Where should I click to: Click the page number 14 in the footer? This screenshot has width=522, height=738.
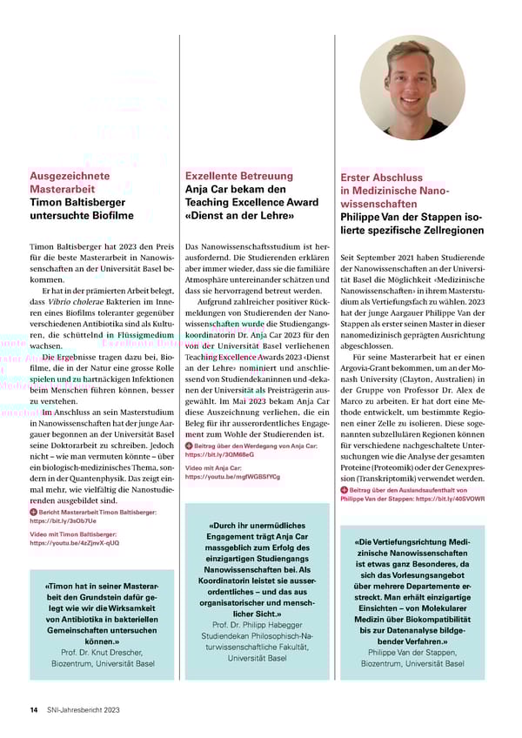point(33,710)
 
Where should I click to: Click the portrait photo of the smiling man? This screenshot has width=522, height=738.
point(412,88)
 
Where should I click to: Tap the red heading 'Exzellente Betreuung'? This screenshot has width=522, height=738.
point(237,176)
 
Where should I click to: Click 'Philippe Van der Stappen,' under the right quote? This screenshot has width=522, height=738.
point(412,652)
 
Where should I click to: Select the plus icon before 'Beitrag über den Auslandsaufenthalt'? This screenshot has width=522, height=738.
point(345,491)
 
